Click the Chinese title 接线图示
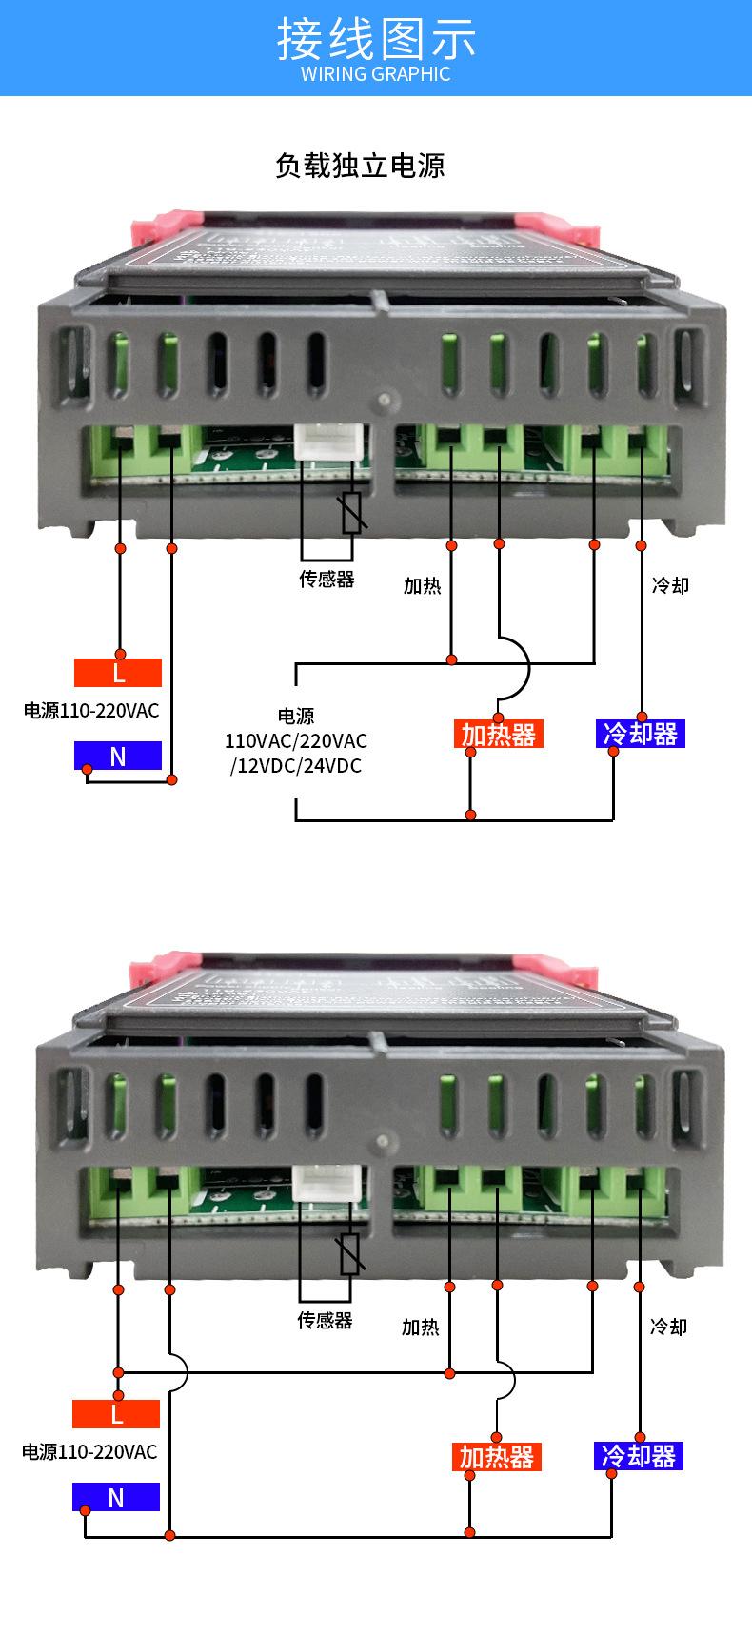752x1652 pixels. (376, 38)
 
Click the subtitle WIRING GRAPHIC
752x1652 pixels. (376, 74)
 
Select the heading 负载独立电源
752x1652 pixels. (360, 166)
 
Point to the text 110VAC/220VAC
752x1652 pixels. (296, 740)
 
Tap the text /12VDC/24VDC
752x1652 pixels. (296, 765)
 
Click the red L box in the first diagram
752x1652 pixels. (118, 673)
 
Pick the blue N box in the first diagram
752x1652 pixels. (118, 756)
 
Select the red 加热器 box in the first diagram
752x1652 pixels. (499, 734)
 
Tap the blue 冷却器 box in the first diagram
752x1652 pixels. (641, 734)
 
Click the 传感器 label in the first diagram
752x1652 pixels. (327, 579)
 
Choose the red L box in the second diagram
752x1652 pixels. (116, 1414)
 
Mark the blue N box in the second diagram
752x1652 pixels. (116, 1498)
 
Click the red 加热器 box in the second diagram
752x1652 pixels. (497, 1457)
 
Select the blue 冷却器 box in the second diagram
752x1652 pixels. (639, 1456)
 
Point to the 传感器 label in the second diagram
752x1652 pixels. (325, 1320)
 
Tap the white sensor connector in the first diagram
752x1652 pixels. (326, 444)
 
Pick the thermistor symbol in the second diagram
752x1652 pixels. (349, 1254)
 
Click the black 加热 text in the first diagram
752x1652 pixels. (422, 585)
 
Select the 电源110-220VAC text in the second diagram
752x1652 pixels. (89, 1452)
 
